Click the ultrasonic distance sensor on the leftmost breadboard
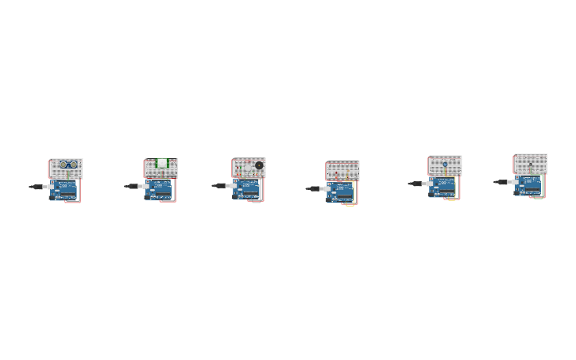pyautogui.click(x=65, y=165)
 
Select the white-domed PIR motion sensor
pyautogui.click(x=162, y=164)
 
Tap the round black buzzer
pyautogui.click(x=259, y=165)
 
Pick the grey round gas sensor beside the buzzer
pyautogui.click(x=248, y=166)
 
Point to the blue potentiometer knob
pyautogui.click(x=445, y=165)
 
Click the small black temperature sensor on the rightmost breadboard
pyautogui.click(x=532, y=164)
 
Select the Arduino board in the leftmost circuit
pyautogui.click(x=64, y=190)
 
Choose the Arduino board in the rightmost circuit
pyautogui.click(x=528, y=186)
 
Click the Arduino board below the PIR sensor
pyautogui.click(x=159, y=190)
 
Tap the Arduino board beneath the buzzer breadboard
pyautogui.click(x=248, y=189)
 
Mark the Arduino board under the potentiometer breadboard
pyautogui.click(x=443, y=188)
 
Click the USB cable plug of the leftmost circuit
pyautogui.click(x=37, y=187)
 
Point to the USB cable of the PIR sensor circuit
pyautogui.click(x=132, y=187)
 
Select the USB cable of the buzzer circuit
pyautogui.click(x=220, y=186)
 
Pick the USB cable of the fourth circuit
pyautogui.click(x=314, y=189)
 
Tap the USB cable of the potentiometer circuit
pyautogui.click(x=416, y=184)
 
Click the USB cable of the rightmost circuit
pyautogui.click(x=501, y=182)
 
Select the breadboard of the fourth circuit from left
pyautogui.click(x=342, y=170)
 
